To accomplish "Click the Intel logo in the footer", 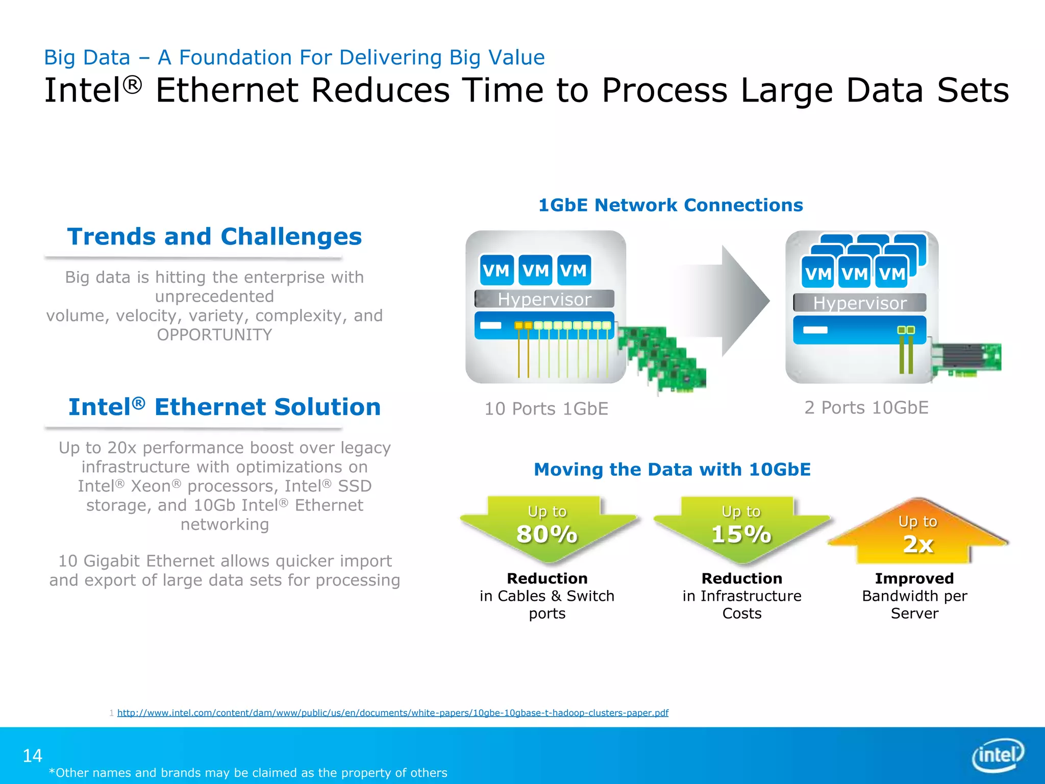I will (998, 755).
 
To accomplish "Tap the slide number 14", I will (33, 755).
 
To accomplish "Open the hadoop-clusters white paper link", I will (392, 713).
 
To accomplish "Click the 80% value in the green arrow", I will (547, 534).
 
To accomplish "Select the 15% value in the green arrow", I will (741, 534).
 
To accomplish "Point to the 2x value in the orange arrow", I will (918, 544).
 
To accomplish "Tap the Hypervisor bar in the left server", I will (544, 299).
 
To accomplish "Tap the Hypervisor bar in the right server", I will (860, 303).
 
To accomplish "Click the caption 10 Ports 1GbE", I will (546, 409).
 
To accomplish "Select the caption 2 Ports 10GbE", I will (866, 407).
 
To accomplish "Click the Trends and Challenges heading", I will (214, 237).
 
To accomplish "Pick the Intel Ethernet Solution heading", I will (225, 407).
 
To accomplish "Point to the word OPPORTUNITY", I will (214, 335).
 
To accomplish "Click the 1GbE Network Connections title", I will (670, 205).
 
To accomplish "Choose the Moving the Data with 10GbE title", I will (672, 470).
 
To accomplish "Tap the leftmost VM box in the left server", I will (496, 270).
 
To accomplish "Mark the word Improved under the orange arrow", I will (914, 578).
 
